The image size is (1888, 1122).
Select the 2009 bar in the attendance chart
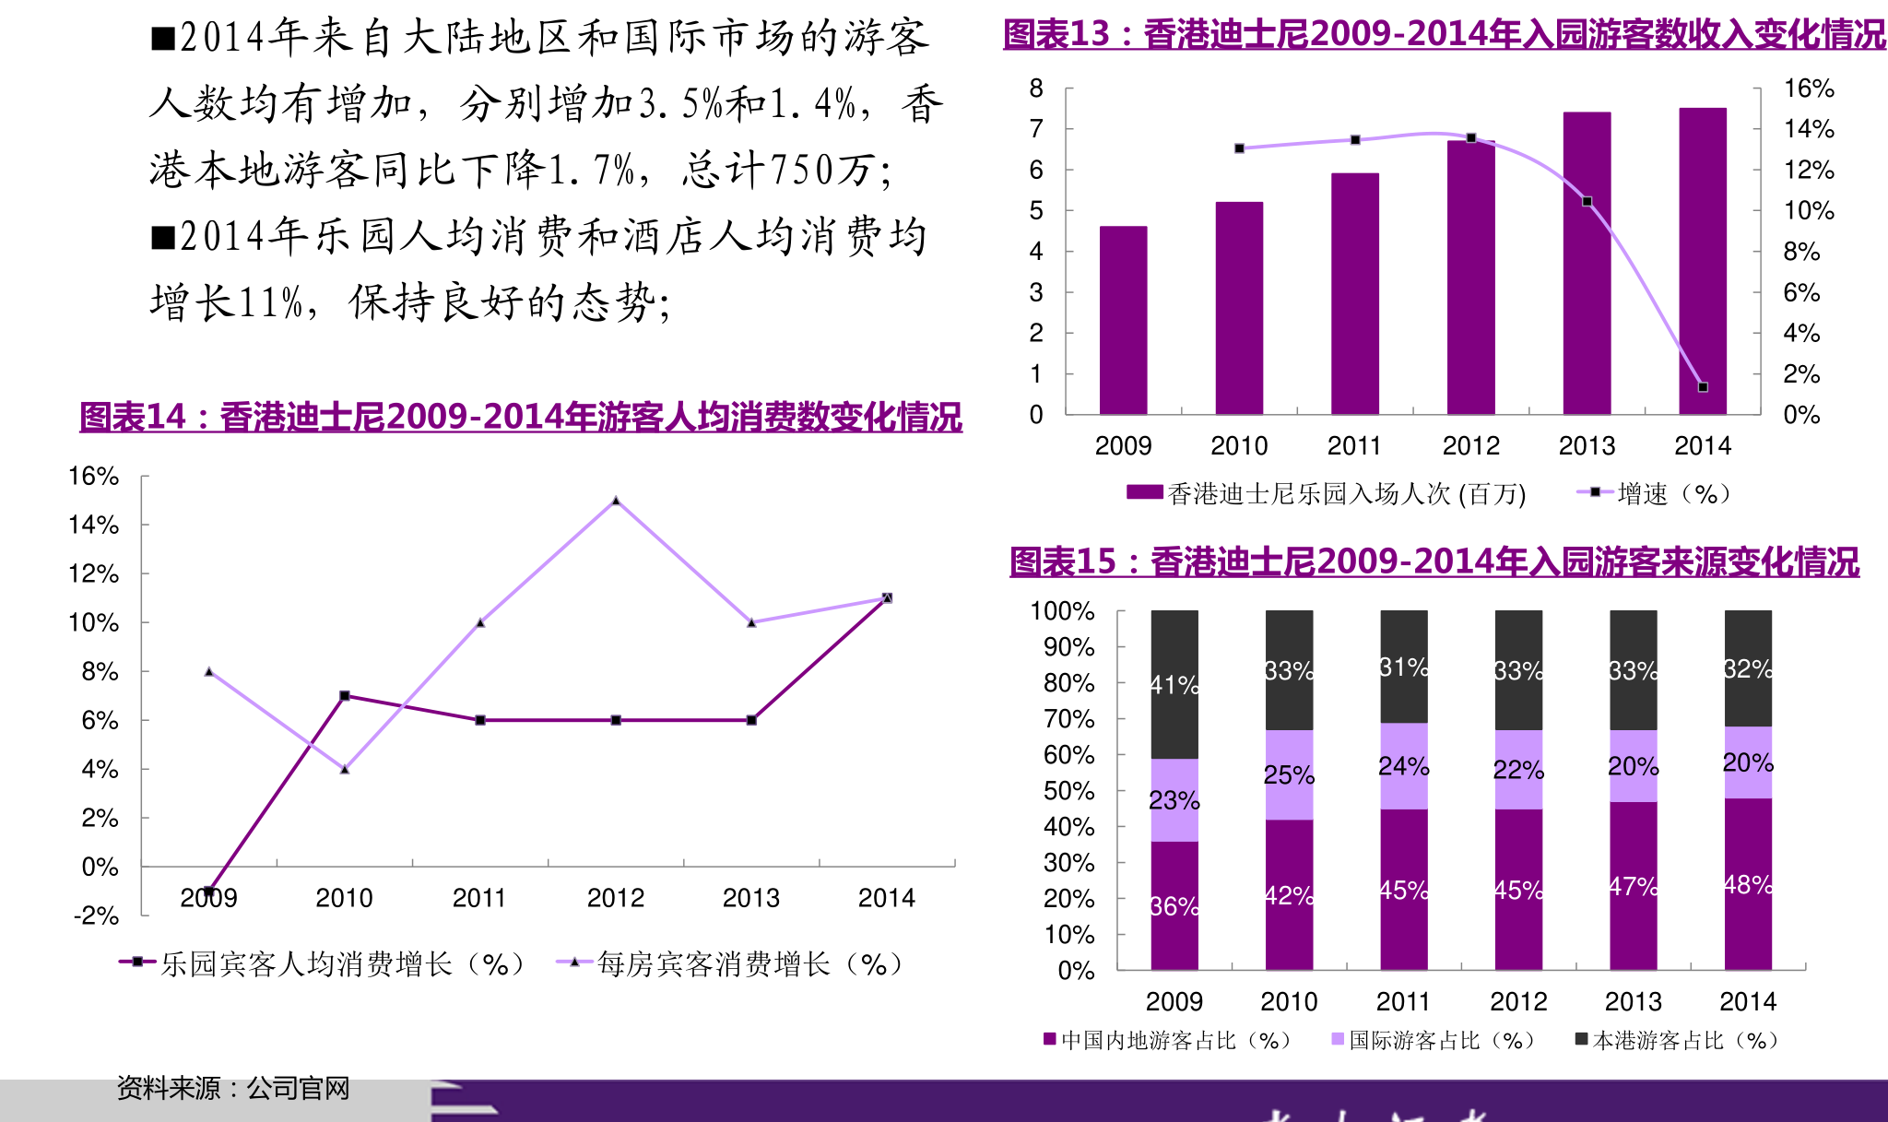coord(1123,320)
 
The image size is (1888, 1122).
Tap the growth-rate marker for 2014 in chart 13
coord(1703,387)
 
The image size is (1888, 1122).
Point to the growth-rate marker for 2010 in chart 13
coord(1239,148)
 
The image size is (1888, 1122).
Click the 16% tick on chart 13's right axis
coord(1808,89)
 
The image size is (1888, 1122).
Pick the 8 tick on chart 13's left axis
coord(1036,89)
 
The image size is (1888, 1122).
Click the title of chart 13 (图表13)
coord(1445,35)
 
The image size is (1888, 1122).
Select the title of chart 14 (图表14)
coord(521,418)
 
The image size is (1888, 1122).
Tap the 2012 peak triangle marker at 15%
coord(616,501)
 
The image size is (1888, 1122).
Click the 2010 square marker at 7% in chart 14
coord(345,695)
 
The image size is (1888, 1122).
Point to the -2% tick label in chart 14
coord(96,915)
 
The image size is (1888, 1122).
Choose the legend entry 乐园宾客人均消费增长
coord(323,964)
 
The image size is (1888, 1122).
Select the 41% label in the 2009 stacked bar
coord(1174,685)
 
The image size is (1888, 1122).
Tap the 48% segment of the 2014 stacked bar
coord(1748,884)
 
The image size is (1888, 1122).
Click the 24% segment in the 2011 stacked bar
coord(1403,766)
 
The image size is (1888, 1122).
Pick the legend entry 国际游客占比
coord(1434,1041)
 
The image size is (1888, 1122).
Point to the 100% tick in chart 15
coord(1062,611)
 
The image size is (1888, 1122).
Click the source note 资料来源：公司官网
coord(233,1089)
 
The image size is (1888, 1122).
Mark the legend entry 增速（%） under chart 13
coord(1655,494)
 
